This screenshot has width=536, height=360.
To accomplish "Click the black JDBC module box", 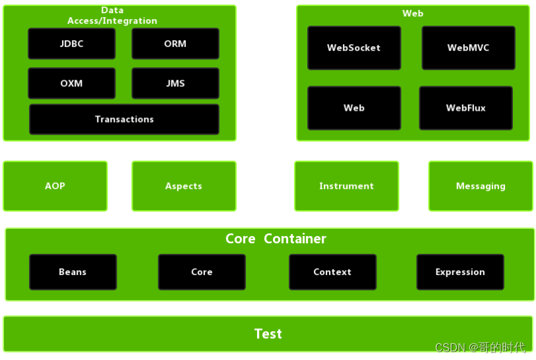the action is pyautogui.click(x=72, y=44).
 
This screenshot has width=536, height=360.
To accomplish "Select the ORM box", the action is pyautogui.click(x=175, y=44).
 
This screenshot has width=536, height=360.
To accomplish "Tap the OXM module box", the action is pyautogui.click(x=72, y=84).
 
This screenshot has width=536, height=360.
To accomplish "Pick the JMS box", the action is pyautogui.click(x=175, y=84).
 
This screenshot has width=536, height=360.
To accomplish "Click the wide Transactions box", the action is pyautogui.click(x=124, y=119).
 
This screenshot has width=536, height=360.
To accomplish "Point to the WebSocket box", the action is pyautogui.click(x=354, y=48).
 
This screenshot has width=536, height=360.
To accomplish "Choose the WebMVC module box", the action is pyautogui.click(x=468, y=48).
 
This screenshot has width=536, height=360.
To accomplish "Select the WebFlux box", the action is pyautogui.click(x=466, y=108).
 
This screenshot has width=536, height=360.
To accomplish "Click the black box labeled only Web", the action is pyautogui.click(x=354, y=108).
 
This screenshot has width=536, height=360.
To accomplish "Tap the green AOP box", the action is pyautogui.click(x=55, y=186).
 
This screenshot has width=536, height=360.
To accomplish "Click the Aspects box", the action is pyautogui.click(x=184, y=186).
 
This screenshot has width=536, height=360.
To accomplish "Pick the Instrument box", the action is pyautogui.click(x=347, y=186).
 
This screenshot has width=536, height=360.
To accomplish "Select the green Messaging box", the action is pyautogui.click(x=481, y=186).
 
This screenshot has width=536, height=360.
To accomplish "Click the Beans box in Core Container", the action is pyautogui.click(x=73, y=272).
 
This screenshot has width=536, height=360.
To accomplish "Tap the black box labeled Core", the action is pyautogui.click(x=202, y=272).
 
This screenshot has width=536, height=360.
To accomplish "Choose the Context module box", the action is pyautogui.click(x=332, y=272).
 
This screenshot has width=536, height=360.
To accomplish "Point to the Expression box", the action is pyautogui.click(x=460, y=272).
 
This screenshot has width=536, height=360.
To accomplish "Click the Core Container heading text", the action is pyautogui.click(x=276, y=239).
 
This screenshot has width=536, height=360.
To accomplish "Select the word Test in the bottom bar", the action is pyautogui.click(x=268, y=334).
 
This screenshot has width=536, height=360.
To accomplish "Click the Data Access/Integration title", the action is pyautogui.click(x=112, y=16).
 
